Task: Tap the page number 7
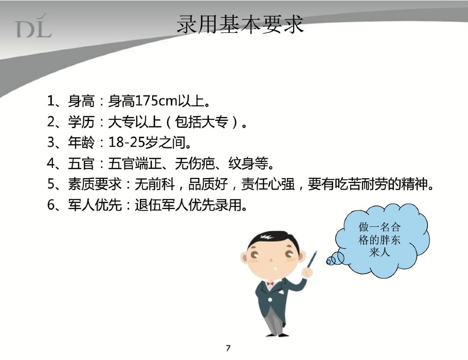coord(228,349)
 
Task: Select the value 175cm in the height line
coord(154,101)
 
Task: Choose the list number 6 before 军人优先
coord(51,205)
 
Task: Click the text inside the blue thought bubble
coord(379,240)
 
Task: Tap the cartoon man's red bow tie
coord(270,284)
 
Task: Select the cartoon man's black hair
coord(270,238)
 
